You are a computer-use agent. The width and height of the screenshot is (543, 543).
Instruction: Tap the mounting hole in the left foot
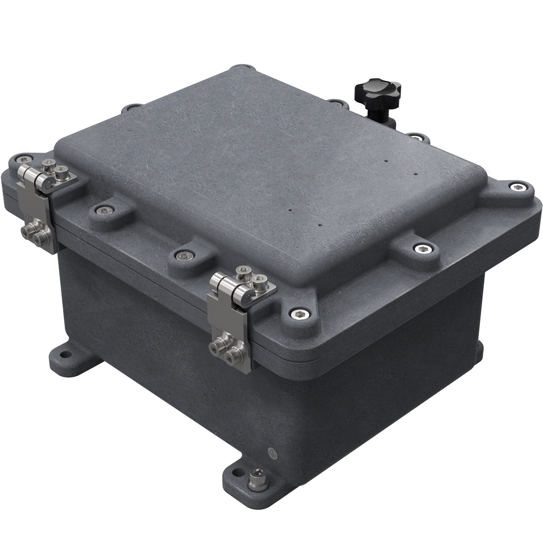point(66,355)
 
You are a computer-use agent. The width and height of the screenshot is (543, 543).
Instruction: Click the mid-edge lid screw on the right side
point(423,249)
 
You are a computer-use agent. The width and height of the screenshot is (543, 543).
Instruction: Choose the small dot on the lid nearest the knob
point(386,161)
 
